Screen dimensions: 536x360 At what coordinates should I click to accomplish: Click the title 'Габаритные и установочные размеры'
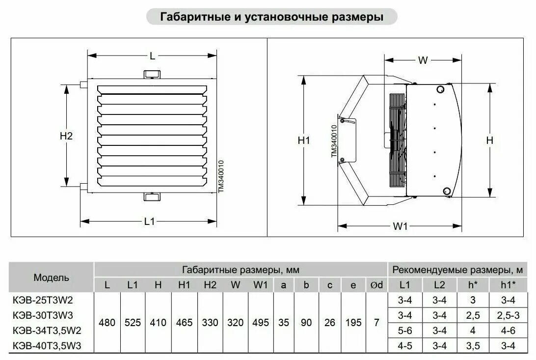(x=272, y=17)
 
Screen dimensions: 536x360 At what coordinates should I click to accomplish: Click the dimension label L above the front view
(x=153, y=56)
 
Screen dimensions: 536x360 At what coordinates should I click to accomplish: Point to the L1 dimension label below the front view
(x=150, y=222)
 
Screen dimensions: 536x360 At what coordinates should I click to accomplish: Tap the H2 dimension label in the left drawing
(x=66, y=136)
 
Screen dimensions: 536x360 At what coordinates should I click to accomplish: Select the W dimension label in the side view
(x=423, y=60)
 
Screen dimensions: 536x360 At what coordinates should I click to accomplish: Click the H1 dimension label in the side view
(x=304, y=140)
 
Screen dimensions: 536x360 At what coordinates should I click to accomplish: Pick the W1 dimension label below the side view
(x=401, y=226)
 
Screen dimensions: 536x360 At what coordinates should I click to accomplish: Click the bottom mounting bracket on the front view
(x=152, y=197)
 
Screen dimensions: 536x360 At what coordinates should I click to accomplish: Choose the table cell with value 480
(x=107, y=323)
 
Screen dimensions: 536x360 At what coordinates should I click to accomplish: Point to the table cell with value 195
(x=353, y=323)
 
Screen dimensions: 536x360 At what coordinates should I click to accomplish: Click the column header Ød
(x=376, y=284)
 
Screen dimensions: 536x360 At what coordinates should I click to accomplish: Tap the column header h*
(x=473, y=284)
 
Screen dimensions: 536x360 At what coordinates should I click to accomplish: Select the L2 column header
(x=439, y=284)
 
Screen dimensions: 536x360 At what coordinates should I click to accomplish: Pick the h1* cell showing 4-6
(x=508, y=331)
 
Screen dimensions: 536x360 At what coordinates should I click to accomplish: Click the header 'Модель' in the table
(x=52, y=277)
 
